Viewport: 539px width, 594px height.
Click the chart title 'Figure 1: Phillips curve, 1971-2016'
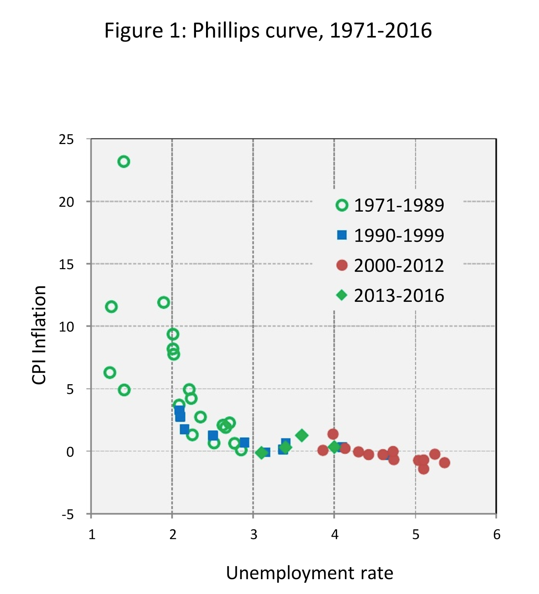click(x=268, y=30)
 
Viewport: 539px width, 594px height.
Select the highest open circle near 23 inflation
click(x=124, y=161)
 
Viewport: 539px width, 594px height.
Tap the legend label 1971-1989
click(x=399, y=205)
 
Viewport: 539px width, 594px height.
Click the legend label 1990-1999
click(x=399, y=235)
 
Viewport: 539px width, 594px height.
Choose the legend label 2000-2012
click(x=399, y=265)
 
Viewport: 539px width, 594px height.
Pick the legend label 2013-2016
click(x=399, y=296)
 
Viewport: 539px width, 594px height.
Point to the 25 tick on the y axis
click(x=66, y=140)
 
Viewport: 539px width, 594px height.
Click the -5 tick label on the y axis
click(x=68, y=515)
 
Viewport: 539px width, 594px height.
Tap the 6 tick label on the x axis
click(x=496, y=535)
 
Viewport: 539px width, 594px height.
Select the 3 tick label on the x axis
click(x=254, y=535)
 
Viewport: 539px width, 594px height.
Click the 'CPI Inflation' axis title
click(x=39, y=335)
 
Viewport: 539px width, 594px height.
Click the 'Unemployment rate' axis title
click(x=310, y=573)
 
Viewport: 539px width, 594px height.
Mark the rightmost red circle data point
click(x=444, y=463)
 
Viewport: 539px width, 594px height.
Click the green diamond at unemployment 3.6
click(x=302, y=435)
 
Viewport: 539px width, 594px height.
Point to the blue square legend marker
click(x=342, y=235)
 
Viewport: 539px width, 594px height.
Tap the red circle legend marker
click(x=342, y=265)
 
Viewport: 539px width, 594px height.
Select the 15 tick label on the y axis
click(x=66, y=264)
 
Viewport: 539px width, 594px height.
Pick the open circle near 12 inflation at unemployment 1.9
click(x=163, y=303)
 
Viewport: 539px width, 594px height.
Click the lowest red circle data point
click(x=424, y=469)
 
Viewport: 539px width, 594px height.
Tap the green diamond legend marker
click(x=342, y=295)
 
